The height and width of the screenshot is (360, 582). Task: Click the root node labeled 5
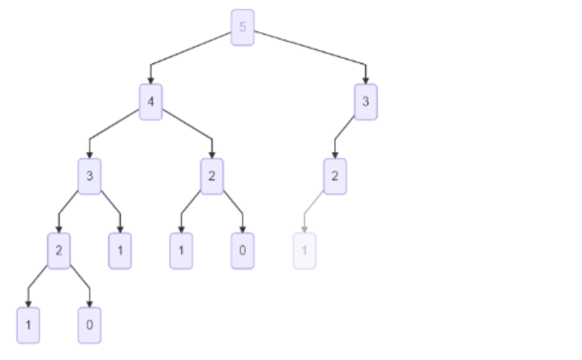[x=243, y=27]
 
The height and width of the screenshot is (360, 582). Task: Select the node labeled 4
[x=151, y=102]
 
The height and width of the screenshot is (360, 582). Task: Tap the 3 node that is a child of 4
[x=89, y=176]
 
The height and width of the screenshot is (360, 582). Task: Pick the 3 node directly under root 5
[x=366, y=102]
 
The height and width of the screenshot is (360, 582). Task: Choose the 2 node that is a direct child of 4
[x=212, y=176]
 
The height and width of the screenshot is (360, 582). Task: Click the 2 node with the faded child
[x=335, y=176]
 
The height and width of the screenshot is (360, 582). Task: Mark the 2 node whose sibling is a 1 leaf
[x=59, y=250]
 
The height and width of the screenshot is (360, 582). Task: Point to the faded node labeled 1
[x=304, y=250]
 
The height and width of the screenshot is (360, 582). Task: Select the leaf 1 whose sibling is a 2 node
[x=120, y=250]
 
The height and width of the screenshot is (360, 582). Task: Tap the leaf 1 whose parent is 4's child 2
[x=181, y=250]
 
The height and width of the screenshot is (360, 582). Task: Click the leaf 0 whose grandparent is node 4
[x=243, y=250]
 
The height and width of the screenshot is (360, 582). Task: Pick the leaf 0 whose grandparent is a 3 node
[x=89, y=325]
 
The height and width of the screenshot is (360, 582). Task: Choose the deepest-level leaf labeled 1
[x=28, y=325]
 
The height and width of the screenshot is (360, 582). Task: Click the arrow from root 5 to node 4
[x=189, y=50]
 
